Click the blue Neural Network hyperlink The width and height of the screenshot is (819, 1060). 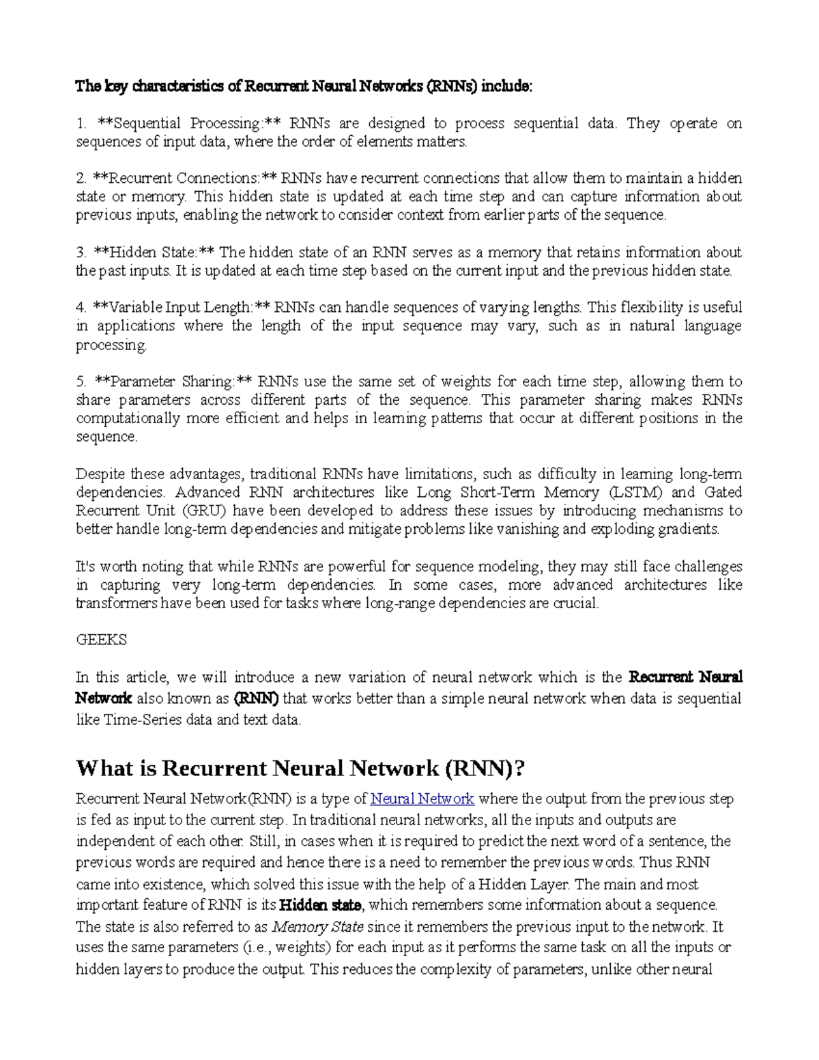(422, 799)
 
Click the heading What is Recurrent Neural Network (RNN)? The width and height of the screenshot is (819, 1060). (301, 769)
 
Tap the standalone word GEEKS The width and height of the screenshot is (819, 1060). (101, 640)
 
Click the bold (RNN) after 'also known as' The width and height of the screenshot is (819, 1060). (256, 698)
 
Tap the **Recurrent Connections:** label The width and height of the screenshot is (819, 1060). (185, 179)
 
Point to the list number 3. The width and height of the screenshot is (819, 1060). (80, 253)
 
